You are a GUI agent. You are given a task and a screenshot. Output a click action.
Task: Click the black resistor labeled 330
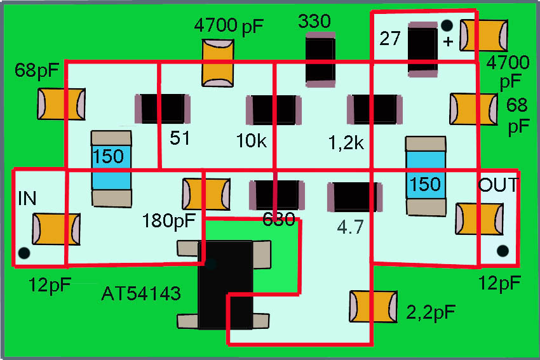point(320,60)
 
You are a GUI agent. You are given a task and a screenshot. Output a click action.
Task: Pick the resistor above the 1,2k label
point(375,109)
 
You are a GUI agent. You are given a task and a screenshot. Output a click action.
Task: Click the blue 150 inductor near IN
point(111,168)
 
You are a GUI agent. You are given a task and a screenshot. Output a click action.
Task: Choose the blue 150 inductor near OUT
point(425,175)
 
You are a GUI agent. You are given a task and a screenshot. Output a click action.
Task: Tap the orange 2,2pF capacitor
point(374,306)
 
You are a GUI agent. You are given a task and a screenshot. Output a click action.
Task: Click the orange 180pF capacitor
point(206,194)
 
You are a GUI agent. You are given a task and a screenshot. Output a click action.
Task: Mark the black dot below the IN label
point(24,253)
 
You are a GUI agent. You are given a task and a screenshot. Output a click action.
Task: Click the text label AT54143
point(141,294)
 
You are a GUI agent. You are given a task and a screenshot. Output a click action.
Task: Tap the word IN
point(27,199)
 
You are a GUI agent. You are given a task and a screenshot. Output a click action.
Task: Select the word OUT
point(498,185)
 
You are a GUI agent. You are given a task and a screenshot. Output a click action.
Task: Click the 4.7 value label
point(350,227)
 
